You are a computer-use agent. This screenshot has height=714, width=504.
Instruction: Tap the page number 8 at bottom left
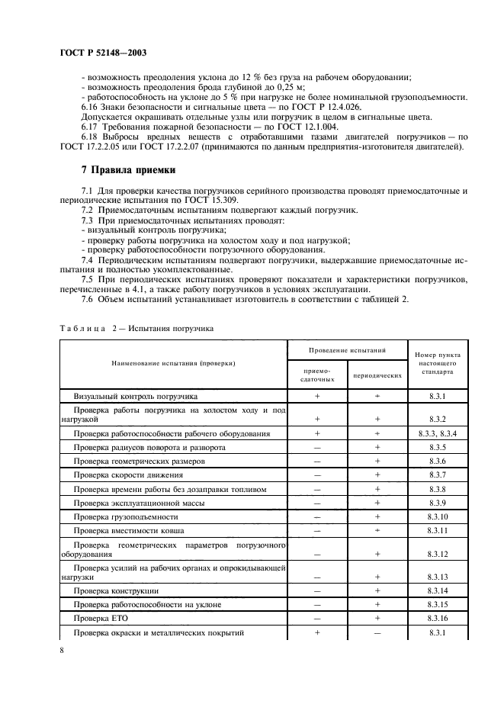coord(62,650)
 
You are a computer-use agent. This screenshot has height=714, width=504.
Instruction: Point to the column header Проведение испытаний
coord(347,350)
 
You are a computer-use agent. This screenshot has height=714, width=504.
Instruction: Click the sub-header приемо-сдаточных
coord(316,375)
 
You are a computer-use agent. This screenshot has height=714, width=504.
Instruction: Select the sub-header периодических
coord(377,375)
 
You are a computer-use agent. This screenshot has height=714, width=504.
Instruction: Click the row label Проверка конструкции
coord(116,591)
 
